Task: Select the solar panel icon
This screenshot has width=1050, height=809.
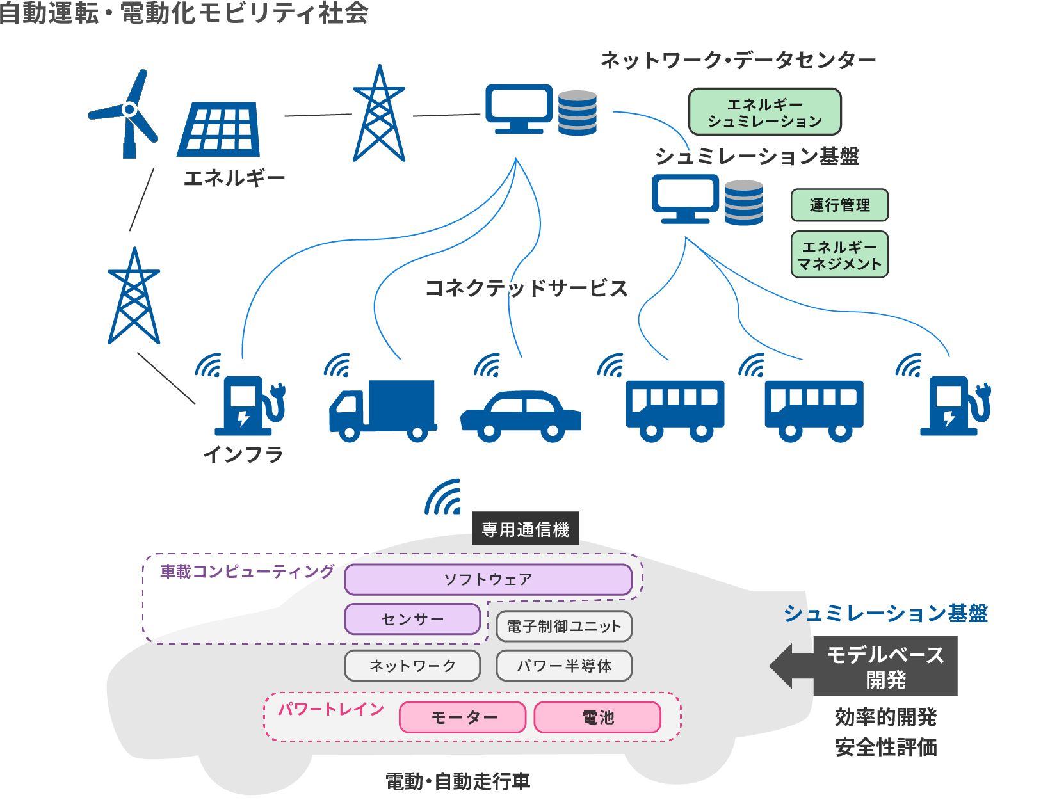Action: tap(219, 130)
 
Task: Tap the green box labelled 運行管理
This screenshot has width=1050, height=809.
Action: tap(839, 205)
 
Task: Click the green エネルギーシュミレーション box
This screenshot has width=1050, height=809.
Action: tap(764, 112)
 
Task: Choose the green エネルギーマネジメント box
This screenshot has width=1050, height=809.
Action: tap(839, 255)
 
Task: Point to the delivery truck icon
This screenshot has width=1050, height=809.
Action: tap(383, 410)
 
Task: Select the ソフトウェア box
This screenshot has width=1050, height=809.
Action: tap(488, 579)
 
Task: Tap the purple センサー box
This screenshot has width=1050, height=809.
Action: tap(412, 619)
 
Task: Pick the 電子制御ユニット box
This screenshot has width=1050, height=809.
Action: tap(563, 626)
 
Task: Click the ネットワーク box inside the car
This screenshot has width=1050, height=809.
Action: tap(412, 666)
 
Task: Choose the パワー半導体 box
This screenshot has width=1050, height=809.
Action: tap(563, 666)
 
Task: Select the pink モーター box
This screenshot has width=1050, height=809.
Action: tap(463, 717)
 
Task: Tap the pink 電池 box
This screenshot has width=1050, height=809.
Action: tap(597, 717)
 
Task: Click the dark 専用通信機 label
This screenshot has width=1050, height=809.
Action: tap(525, 529)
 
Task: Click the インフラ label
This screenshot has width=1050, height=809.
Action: tap(243, 454)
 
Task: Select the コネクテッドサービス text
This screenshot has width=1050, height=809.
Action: tap(526, 288)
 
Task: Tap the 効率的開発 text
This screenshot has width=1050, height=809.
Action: tap(885, 717)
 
